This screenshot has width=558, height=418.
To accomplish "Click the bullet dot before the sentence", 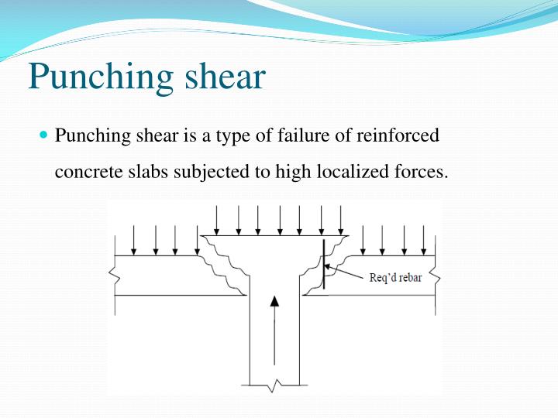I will tap(43, 135).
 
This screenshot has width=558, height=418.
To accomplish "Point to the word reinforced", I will tap(400, 135).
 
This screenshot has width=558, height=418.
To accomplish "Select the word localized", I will tap(342, 171).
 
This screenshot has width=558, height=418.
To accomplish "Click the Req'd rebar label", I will tap(395, 278).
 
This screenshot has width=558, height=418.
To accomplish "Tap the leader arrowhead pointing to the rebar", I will tap(329, 268).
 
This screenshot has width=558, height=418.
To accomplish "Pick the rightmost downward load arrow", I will tap(423, 240).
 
